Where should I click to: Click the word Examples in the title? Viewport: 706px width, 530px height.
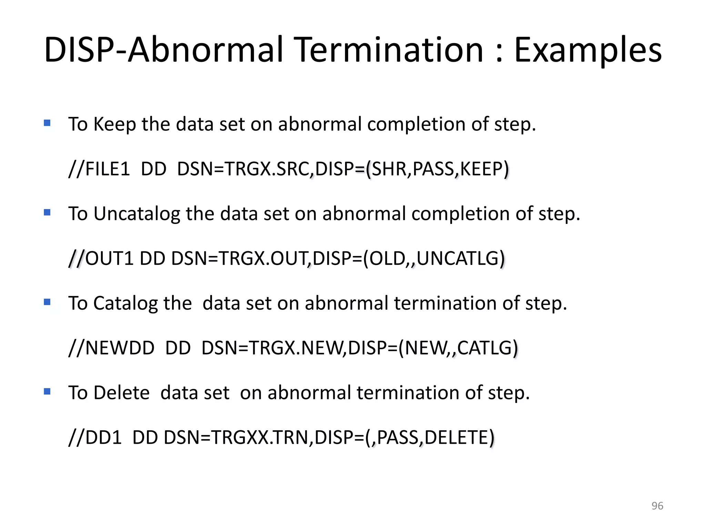(x=588, y=51)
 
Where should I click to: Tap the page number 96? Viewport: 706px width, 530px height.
(x=657, y=506)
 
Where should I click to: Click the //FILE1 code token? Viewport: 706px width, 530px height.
(x=99, y=169)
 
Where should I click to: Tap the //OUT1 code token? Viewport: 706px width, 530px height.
(x=101, y=259)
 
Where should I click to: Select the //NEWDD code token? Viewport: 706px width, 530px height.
(x=111, y=348)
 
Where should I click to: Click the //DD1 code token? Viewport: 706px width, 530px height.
(x=95, y=438)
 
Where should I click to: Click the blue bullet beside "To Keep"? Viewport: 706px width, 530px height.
(x=47, y=123)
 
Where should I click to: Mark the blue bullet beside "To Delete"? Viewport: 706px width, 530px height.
(x=47, y=392)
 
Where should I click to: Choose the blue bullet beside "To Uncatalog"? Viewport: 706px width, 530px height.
(x=47, y=213)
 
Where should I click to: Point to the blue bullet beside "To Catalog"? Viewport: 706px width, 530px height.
(x=47, y=302)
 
